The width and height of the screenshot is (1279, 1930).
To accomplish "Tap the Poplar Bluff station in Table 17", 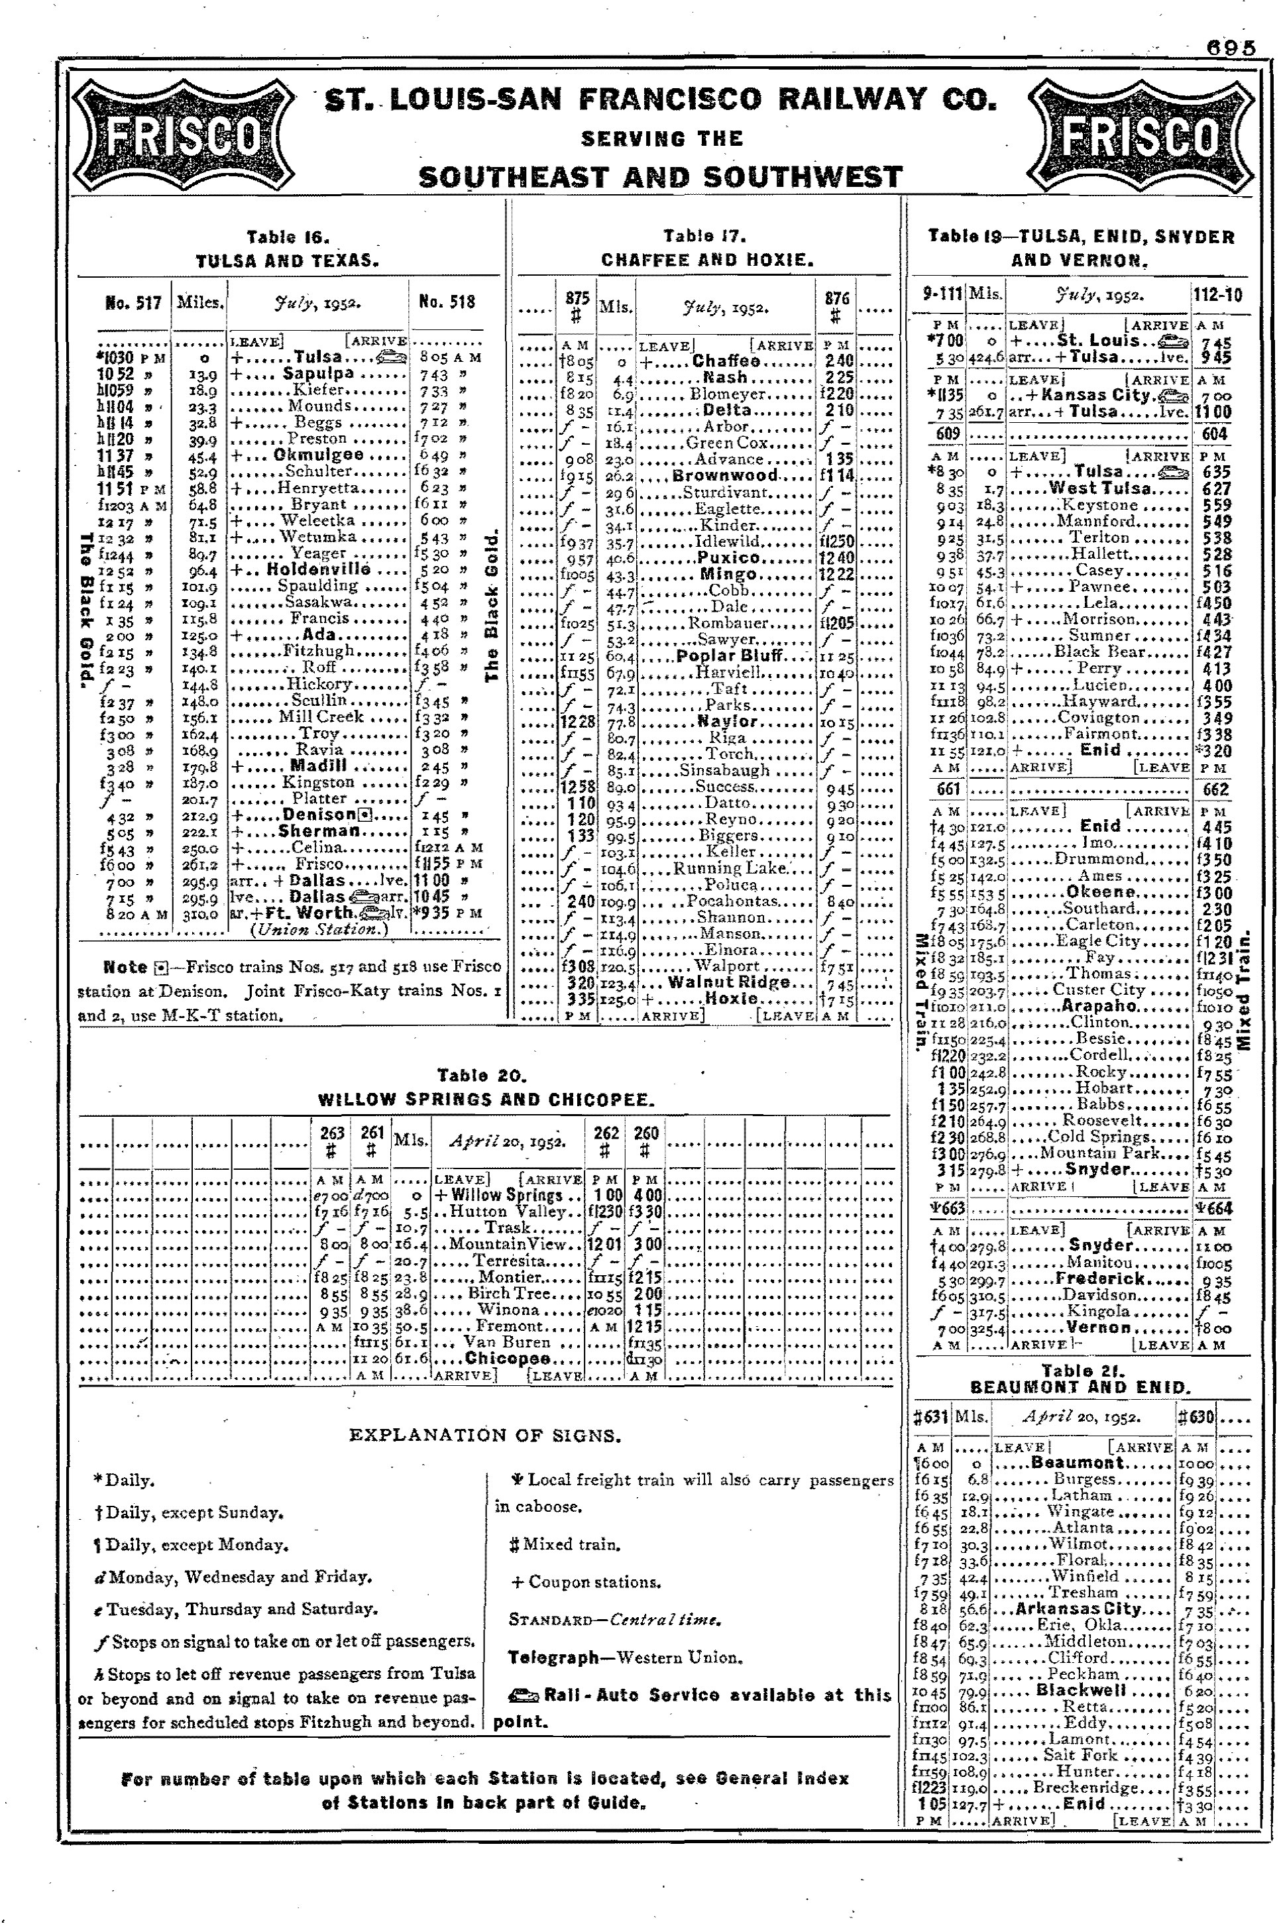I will point(728,656).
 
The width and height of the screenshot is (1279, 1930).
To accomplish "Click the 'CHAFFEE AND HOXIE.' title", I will point(706,260).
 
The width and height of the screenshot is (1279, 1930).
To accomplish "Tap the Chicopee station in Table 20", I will point(508,1358).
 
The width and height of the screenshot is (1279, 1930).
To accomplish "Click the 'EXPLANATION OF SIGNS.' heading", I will point(484,1435).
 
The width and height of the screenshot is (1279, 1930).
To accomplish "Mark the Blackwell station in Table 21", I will point(1081,1689).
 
